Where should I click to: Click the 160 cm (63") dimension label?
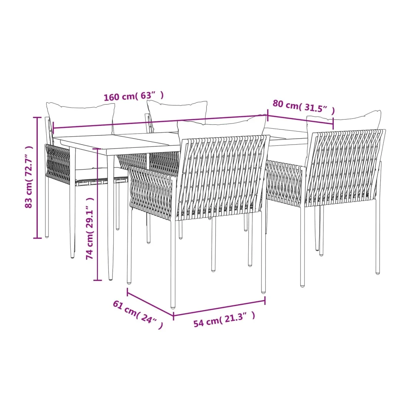134,96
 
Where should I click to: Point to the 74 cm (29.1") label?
90,228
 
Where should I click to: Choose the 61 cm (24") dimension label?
138,314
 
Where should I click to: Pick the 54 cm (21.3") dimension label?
224,320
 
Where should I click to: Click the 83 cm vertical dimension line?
37,178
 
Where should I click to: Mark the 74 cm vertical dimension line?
98,214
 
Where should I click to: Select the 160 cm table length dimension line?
161,121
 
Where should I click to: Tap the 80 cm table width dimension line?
300,121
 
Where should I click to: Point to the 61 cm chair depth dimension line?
150,303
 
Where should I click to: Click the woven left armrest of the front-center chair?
151,191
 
